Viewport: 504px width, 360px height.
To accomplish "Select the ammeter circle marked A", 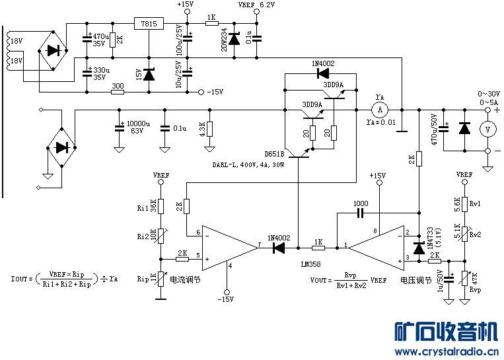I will (379, 108).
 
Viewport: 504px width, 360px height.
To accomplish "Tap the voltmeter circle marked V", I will (487, 129).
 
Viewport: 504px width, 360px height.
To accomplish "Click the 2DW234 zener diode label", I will (224, 36).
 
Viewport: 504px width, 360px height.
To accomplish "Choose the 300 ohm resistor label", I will (118, 85).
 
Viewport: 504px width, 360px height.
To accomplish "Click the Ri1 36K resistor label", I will (146, 207).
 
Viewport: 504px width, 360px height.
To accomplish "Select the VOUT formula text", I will (348, 280).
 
